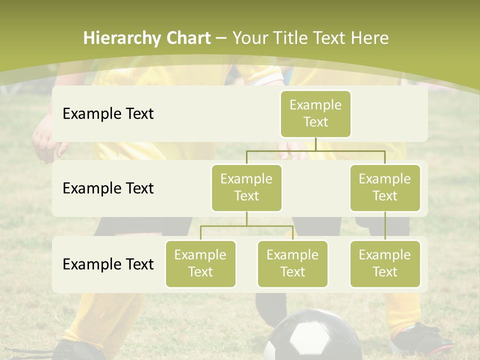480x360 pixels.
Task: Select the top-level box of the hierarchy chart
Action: click(315, 113)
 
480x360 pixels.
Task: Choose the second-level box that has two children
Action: click(246, 187)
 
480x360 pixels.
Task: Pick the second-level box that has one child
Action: click(385, 187)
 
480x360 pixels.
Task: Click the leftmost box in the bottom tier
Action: click(200, 263)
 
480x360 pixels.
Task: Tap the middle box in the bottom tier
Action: click(292, 263)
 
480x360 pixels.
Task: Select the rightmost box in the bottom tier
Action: click(385, 263)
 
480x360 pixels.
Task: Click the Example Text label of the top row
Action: click(108, 114)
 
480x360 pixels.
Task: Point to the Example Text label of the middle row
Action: click(108, 188)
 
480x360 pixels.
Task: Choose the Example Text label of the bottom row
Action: click(108, 264)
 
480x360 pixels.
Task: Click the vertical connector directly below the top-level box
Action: click(315, 144)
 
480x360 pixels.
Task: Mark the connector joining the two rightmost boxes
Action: click(385, 225)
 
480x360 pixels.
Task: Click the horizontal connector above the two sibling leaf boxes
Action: click(246, 226)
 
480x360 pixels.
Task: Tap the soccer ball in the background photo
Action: click(312, 336)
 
